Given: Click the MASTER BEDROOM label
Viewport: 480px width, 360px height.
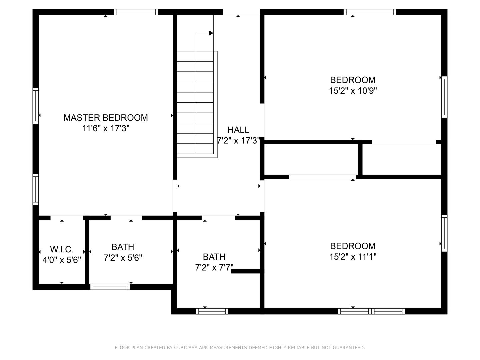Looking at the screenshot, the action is tap(106, 118).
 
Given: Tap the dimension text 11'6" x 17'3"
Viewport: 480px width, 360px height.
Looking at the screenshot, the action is tap(106, 128).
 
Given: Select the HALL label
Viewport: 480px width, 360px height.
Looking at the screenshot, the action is tap(238, 130).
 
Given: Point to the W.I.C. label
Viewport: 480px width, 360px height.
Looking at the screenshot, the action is tap(62, 249).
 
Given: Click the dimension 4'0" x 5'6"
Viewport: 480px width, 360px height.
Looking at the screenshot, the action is tap(62, 260).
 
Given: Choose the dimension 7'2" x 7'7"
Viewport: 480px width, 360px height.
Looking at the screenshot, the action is tap(214, 267).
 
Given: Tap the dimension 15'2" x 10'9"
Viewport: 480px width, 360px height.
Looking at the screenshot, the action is tap(353, 90).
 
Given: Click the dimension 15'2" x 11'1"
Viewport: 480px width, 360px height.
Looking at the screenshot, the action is tap(353, 257).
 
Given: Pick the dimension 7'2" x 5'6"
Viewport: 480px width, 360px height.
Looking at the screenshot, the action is tap(123, 258).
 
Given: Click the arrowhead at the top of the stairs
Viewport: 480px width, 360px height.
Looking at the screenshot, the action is tap(211, 33).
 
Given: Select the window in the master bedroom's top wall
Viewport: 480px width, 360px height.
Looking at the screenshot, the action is tap(136, 12).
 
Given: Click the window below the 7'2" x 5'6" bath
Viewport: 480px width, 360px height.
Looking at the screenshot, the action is tap(110, 287).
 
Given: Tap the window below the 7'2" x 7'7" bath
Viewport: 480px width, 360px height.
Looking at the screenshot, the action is tap(212, 311).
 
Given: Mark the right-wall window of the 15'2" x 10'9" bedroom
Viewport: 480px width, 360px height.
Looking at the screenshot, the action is tap(444, 97).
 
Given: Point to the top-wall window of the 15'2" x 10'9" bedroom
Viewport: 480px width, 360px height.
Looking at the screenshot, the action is tap(370, 12).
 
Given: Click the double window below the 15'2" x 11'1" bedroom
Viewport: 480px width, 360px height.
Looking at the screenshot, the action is tap(371, 311).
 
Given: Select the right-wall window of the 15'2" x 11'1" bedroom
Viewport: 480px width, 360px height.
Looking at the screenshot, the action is tap(444, 233).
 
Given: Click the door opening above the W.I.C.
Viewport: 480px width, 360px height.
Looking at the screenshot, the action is tap(67, 218).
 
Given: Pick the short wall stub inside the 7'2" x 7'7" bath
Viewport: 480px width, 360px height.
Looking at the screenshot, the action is tap(246, 271).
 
